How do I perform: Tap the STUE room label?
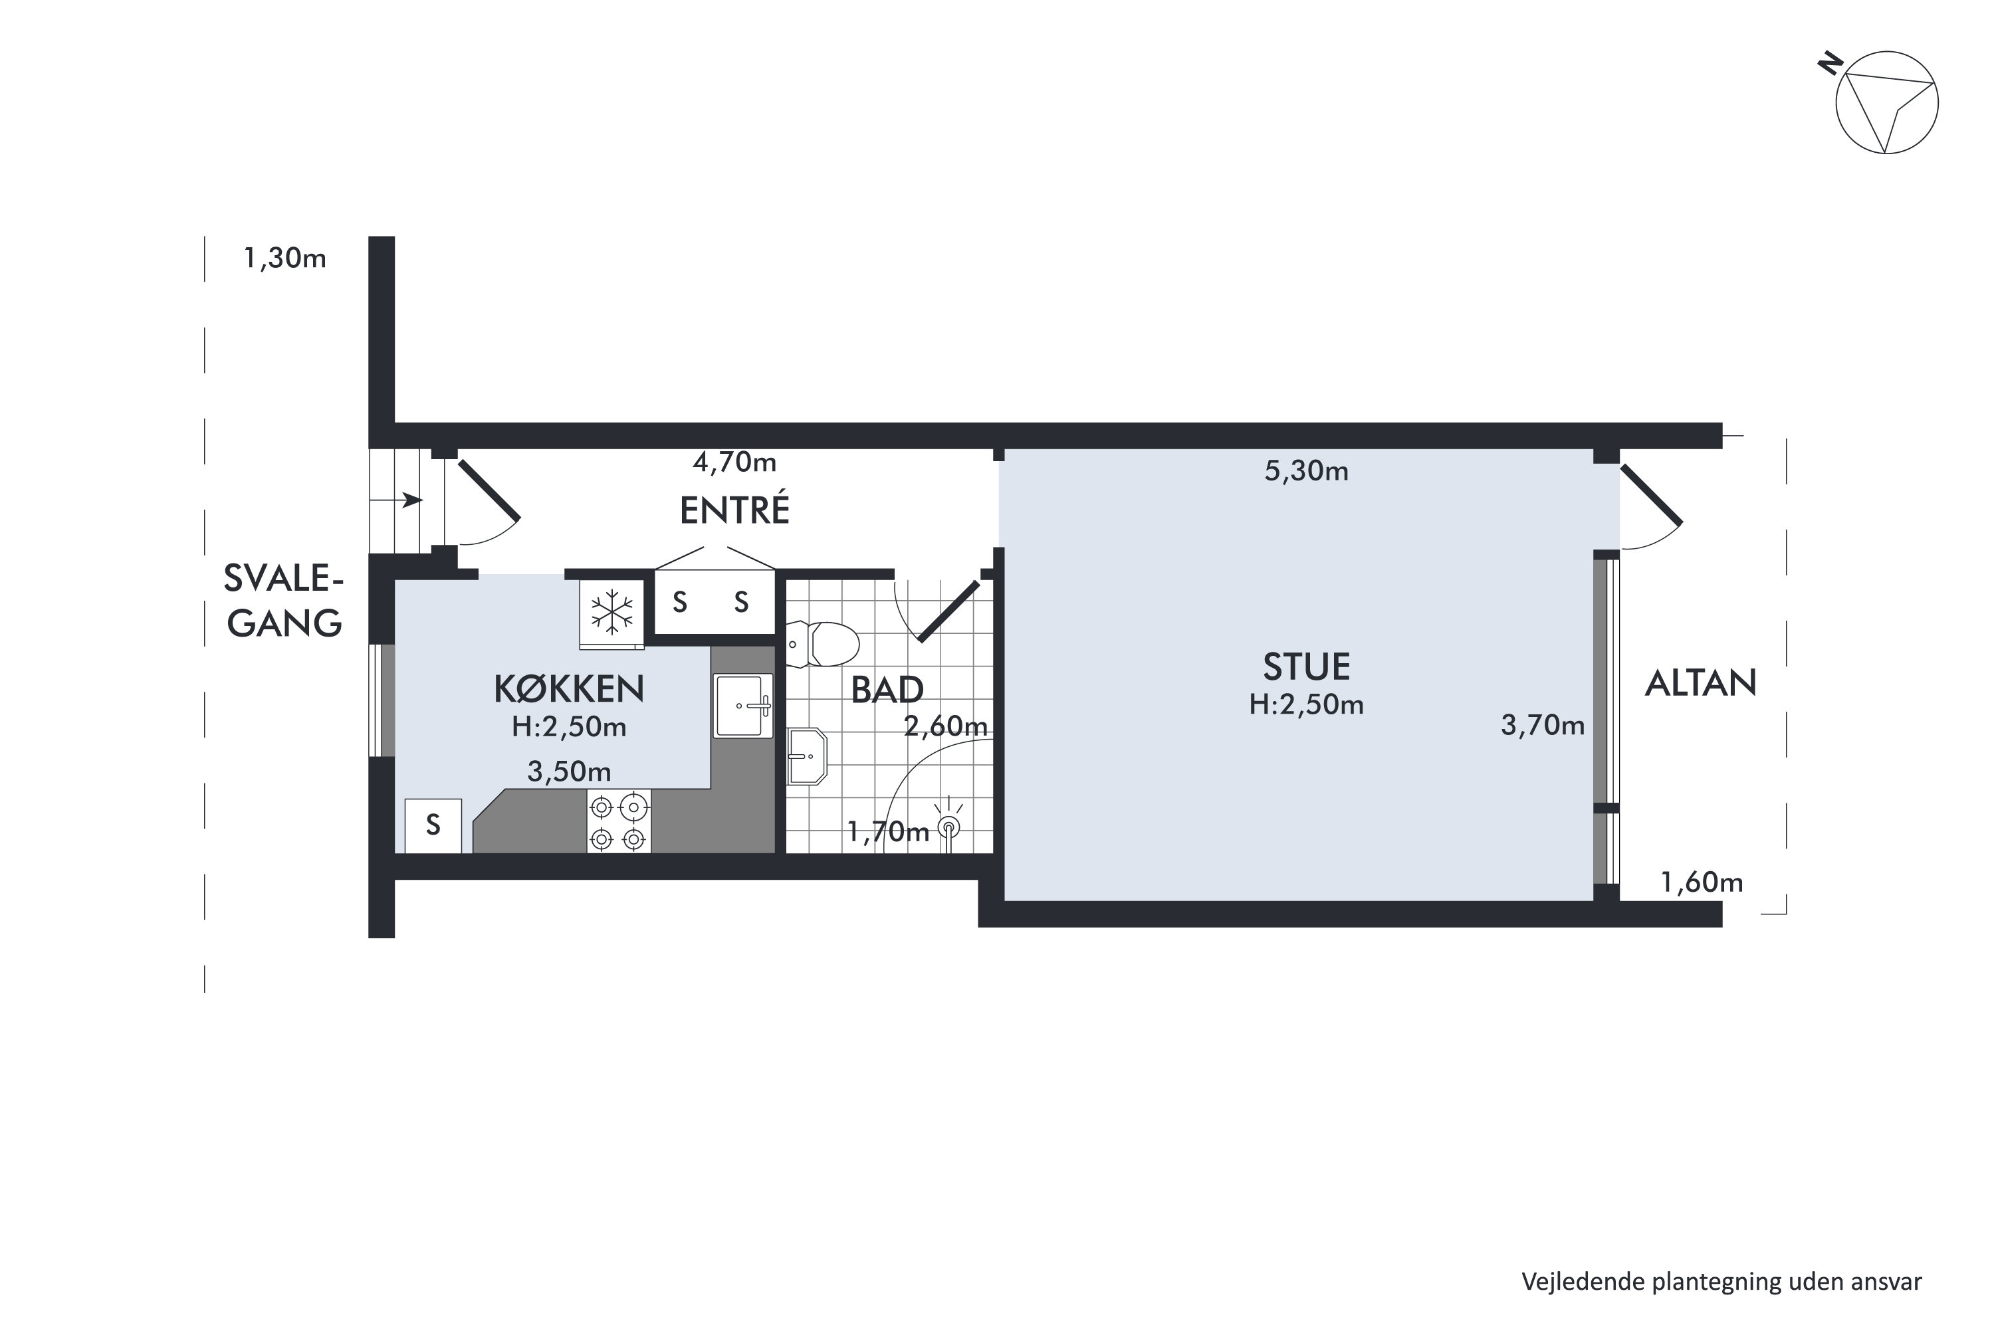[x=1307, y=667]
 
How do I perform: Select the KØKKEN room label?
[x=569, y=689]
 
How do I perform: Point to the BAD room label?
[x=887, y=690]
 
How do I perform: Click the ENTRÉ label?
[x=734, y=510]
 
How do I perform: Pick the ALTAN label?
[x=1701, y=683]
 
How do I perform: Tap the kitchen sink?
[x=742, y=705]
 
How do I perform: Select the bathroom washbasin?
[x=807, y=756]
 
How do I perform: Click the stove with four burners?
[x=619, y=821]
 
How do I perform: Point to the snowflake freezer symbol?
[x=611, y=612]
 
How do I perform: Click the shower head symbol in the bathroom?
[x=948, y=824]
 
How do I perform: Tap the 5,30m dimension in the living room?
[x=1307, y=470]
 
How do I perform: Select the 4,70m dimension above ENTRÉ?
[x=734, y=462]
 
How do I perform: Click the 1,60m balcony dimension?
[x=1702, y=882]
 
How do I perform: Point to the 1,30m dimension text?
[x=285, y=258]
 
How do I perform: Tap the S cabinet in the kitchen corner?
[x=433, y=825]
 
